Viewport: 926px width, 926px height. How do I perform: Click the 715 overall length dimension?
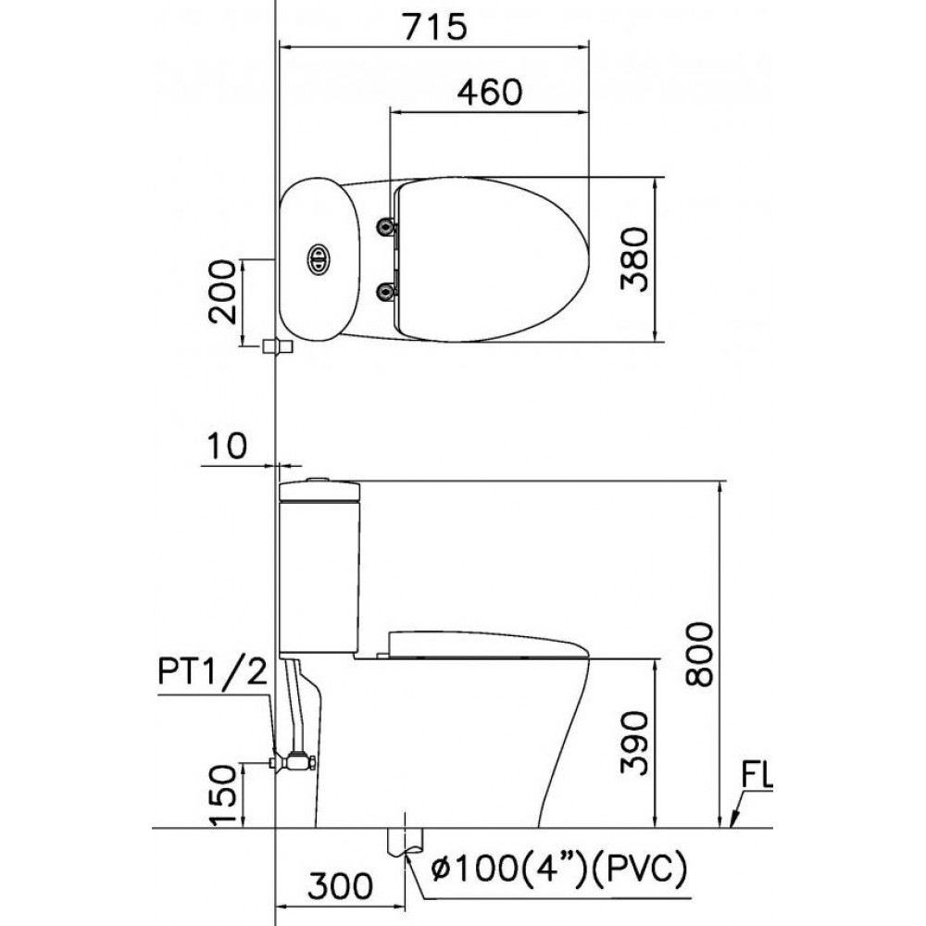(432, 27)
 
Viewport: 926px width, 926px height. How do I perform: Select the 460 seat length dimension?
(490, 91)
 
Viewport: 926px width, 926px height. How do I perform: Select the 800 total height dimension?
(701, 654)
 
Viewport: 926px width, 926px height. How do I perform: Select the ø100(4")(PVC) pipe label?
(558, 870)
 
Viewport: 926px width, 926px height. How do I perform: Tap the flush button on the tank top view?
(318, 259)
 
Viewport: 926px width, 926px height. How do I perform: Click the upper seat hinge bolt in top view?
(384, 226)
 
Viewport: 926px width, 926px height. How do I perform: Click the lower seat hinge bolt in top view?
(384, 293)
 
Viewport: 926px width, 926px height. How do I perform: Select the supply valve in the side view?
(296, 762)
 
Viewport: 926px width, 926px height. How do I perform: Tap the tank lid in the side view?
(318, 490)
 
